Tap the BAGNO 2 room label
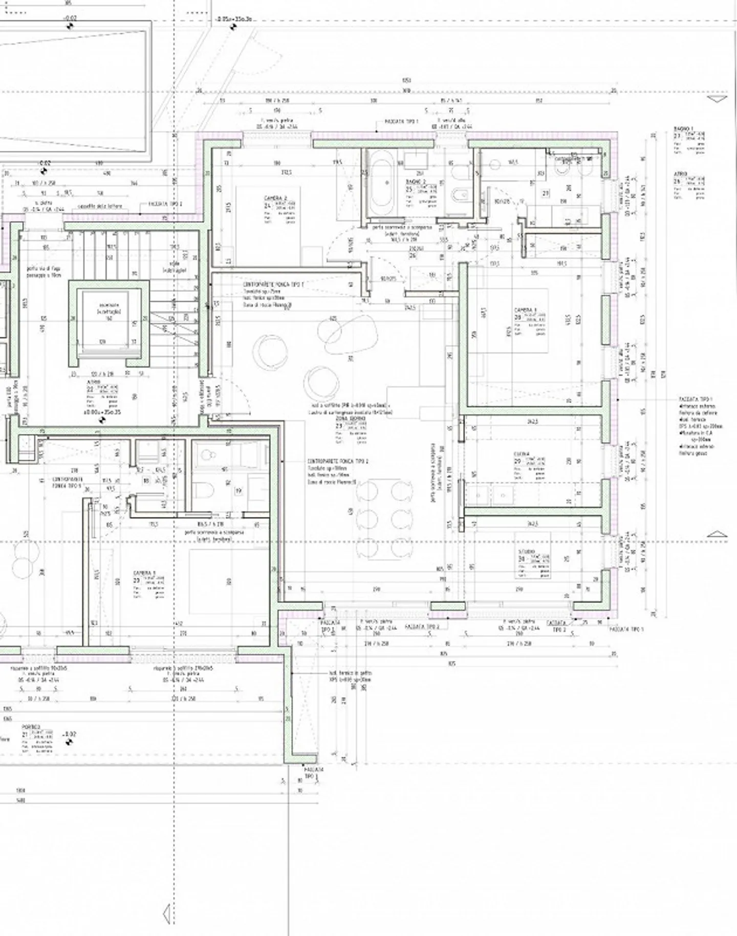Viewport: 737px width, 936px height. pos(416,182)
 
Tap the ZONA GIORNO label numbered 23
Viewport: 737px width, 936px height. pos(351,419)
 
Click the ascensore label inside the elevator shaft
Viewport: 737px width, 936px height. pos(109,305)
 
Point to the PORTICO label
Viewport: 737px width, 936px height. pos(31,727)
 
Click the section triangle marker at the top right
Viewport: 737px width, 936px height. pos(718,99)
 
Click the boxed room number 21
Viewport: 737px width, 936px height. pos(546,194)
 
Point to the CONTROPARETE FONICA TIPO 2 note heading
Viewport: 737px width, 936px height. pos(338,461)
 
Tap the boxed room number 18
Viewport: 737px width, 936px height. pos(146,481)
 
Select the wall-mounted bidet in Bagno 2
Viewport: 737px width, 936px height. pos(458,194)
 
